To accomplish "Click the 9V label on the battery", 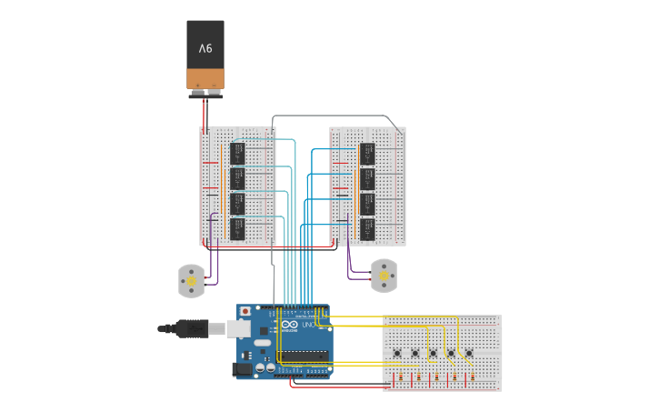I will pyautogui.click(x=205, y=47).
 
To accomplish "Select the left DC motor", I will pyautogui.click(x=191, y=281).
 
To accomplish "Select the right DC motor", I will pyautogui.click(x=384, y=276).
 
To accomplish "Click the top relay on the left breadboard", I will pyautogui.click(x=238, y=152).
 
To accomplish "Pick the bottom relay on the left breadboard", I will pyautogui.click(x=238, y=228).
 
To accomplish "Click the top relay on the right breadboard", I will pyautogui.click(x=367, y=153).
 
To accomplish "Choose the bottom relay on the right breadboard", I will pyautogui.click(x=367, y=228).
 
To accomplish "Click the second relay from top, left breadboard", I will pyautogui.click(x=238, y=177).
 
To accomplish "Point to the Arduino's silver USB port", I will pyautogui.click(x=239, y=328).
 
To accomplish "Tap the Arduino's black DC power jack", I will pyautogui.click(x=243, y=369).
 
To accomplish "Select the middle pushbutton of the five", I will pyautogui.click(x=433, y=353).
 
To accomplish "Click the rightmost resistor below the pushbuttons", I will pyautogui.click(x=471, y=377).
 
